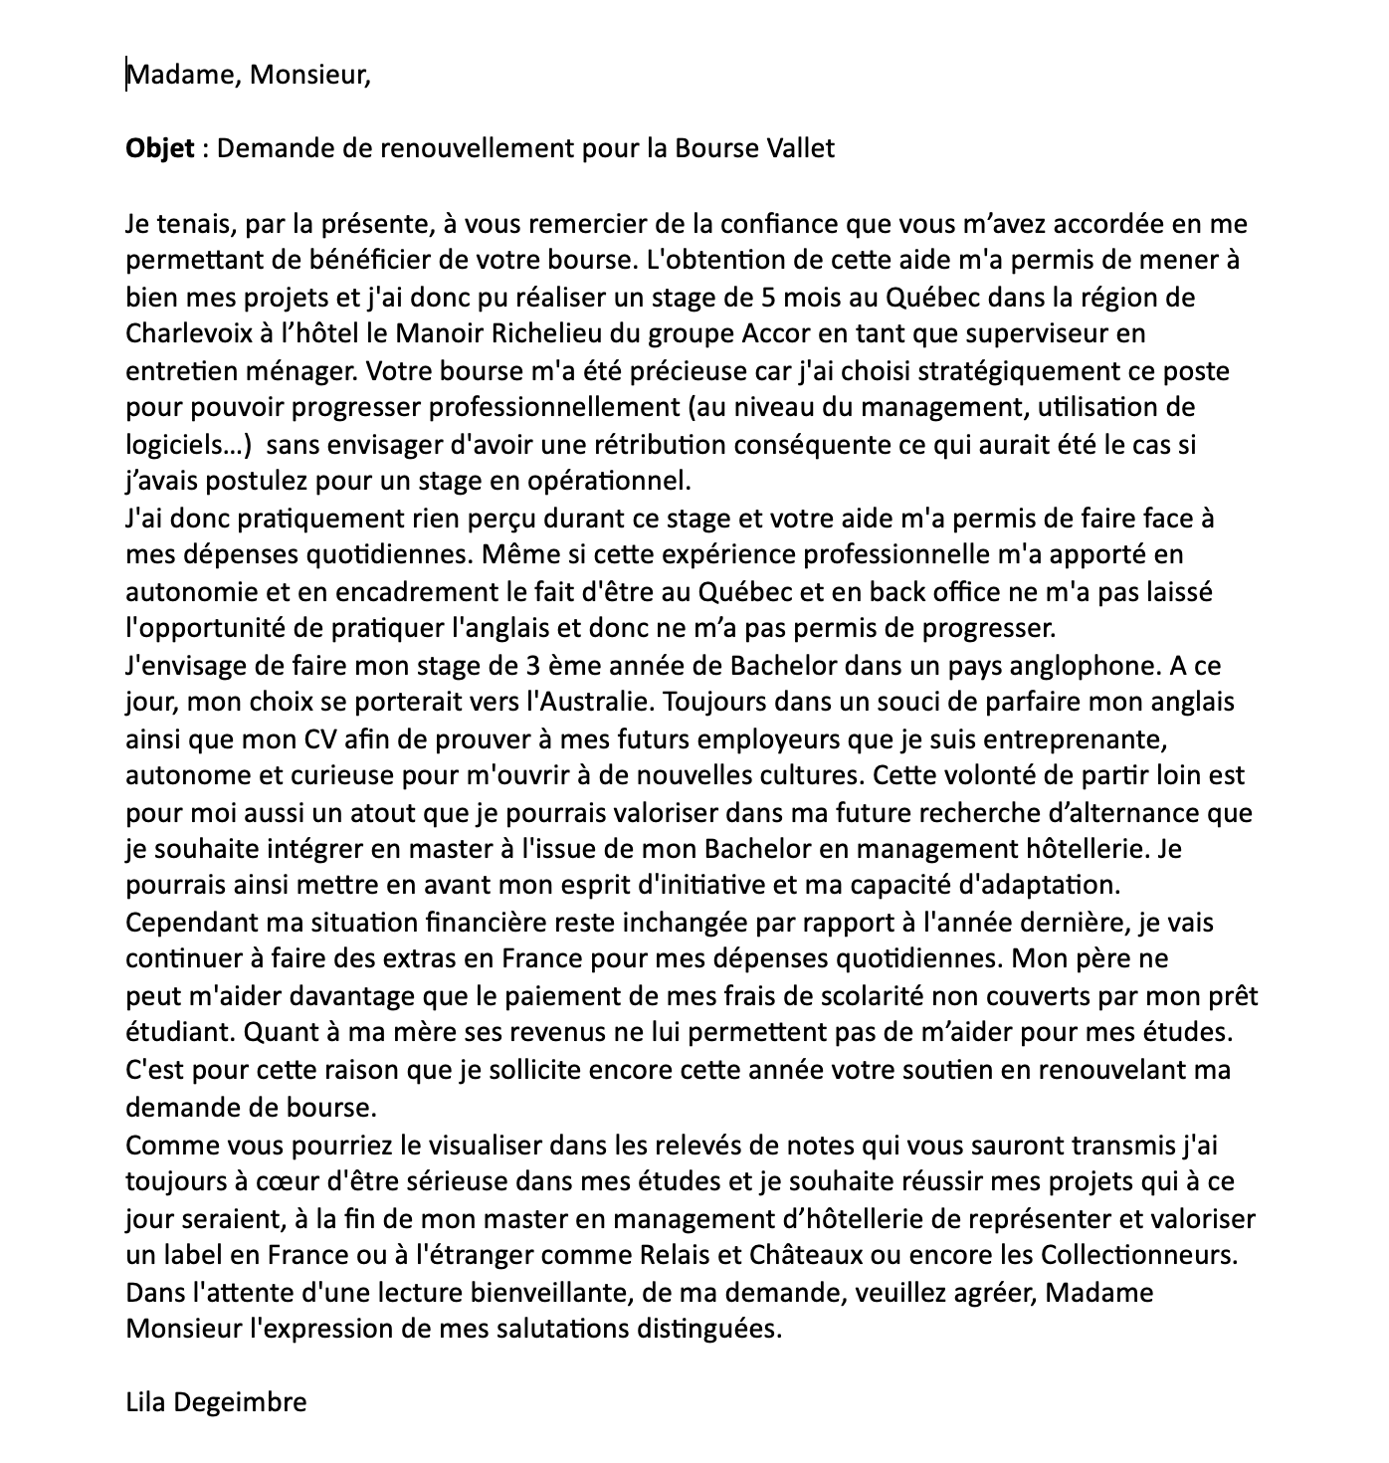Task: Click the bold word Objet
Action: click(159, 149)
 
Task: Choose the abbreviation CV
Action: click(309, 739)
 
